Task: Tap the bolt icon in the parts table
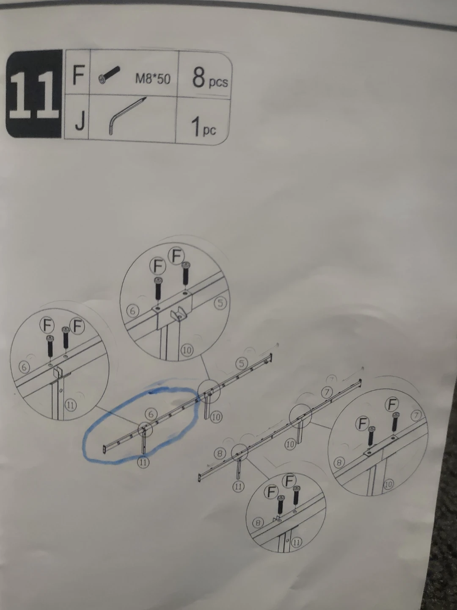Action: click(109, 75)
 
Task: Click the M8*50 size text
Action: click(152, 79)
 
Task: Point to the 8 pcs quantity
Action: click(210, 79)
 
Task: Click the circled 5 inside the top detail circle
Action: click(220, 302)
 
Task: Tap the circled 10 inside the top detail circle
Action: click(187, 350)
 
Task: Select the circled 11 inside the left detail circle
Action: click(70, 405)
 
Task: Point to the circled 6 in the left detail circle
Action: click(24, 367)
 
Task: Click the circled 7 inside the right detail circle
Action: click(416, 416)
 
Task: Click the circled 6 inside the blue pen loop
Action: click(151, 414)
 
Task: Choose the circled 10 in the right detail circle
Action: click(388, 484)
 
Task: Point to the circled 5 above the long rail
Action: click(241, 363)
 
